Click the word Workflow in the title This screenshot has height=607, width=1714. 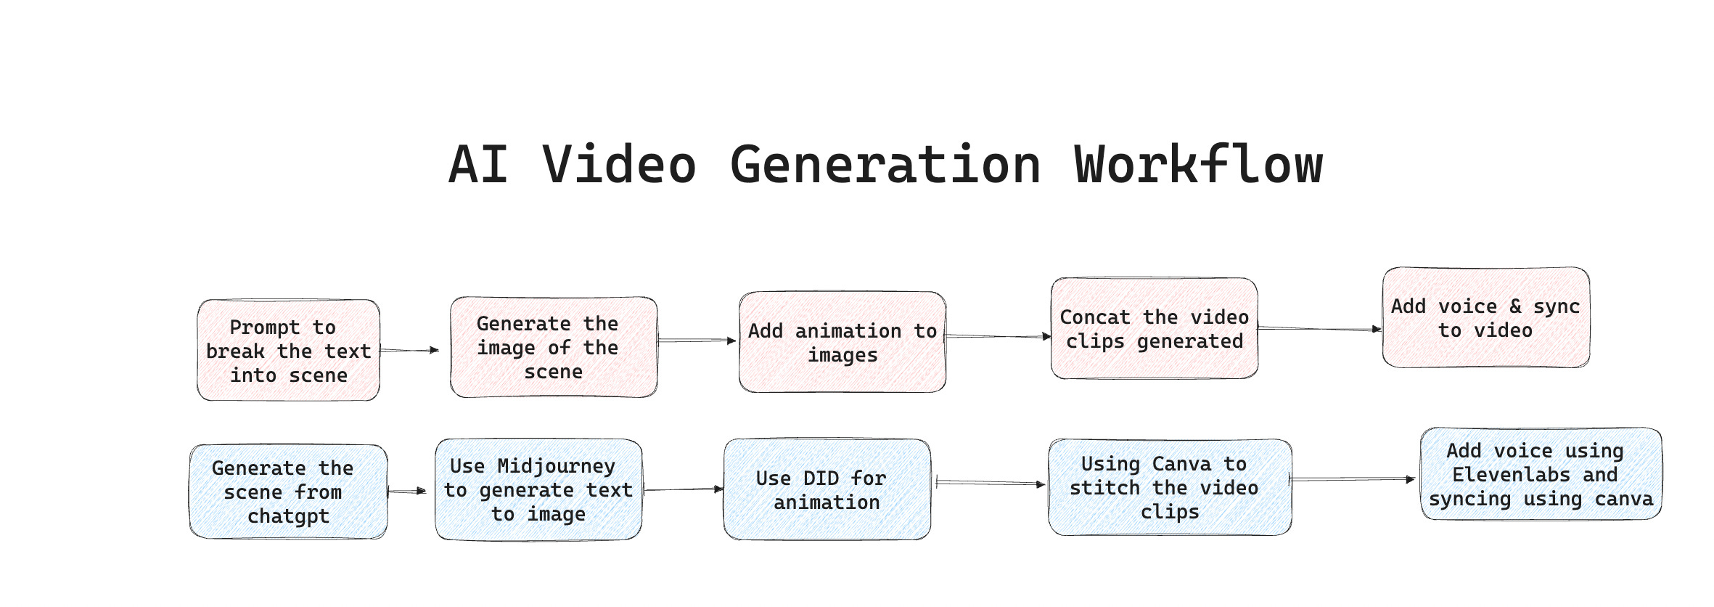(x=1199, y=165)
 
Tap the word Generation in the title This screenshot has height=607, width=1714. (x=885, y=165)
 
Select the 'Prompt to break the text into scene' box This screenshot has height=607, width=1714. (x=288, y=351)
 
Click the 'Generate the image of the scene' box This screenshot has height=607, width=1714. (x=553, y=348)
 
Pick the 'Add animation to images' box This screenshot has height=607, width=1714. (x=842, y=343)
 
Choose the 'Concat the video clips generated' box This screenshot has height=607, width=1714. (x=1154, y=329)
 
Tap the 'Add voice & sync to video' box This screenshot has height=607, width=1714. (x=1485, y=318)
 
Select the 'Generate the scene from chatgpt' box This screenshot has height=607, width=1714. (x=288, y=492)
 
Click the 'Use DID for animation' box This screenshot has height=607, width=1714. (x=827, y=490)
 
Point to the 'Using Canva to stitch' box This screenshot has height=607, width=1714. (x=1169, y=488)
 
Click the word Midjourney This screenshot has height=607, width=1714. (x=556, y=466)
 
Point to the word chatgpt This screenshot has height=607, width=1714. (x=288, y=516)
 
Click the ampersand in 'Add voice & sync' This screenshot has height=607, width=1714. (x=1515, y=306)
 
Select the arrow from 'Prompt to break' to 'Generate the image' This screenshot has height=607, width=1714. (x=409, y=350)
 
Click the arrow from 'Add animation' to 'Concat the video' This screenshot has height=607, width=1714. (x=999, y=336)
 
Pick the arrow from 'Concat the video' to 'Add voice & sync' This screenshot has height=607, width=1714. (x=1319, y=329)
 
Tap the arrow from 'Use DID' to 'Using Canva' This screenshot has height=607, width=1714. (x=990, y=483)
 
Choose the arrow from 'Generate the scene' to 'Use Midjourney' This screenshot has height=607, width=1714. (x=407, y=492)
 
